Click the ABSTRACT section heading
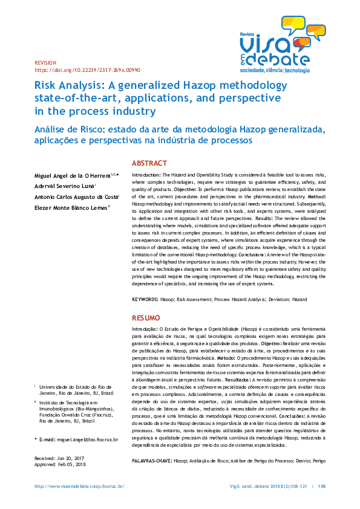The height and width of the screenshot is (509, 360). (x=149, y=163)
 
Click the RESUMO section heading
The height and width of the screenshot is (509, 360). (x=146, y=317)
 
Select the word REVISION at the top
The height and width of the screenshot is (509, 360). (x=45, y=62)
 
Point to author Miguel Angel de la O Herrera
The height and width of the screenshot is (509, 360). (x=71, y=175)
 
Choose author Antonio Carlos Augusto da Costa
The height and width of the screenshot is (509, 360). (x=76, y=197)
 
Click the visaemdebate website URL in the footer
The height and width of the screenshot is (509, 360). (x=79, y=486)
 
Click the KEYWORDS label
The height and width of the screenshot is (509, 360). (x=145, y=299)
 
